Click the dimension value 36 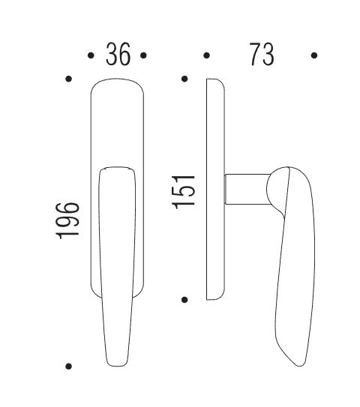tap(118, 55)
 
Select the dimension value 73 tap(262, 55)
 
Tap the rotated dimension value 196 tap(67, 220)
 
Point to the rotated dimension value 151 tap(184, 192)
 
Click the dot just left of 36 tap(91, 55)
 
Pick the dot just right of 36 tap(143, 55)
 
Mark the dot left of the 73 tap(206, 55)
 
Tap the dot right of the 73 tap(314, 55)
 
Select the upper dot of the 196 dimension tap(68, 79)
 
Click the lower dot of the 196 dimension tap(68, 367)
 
